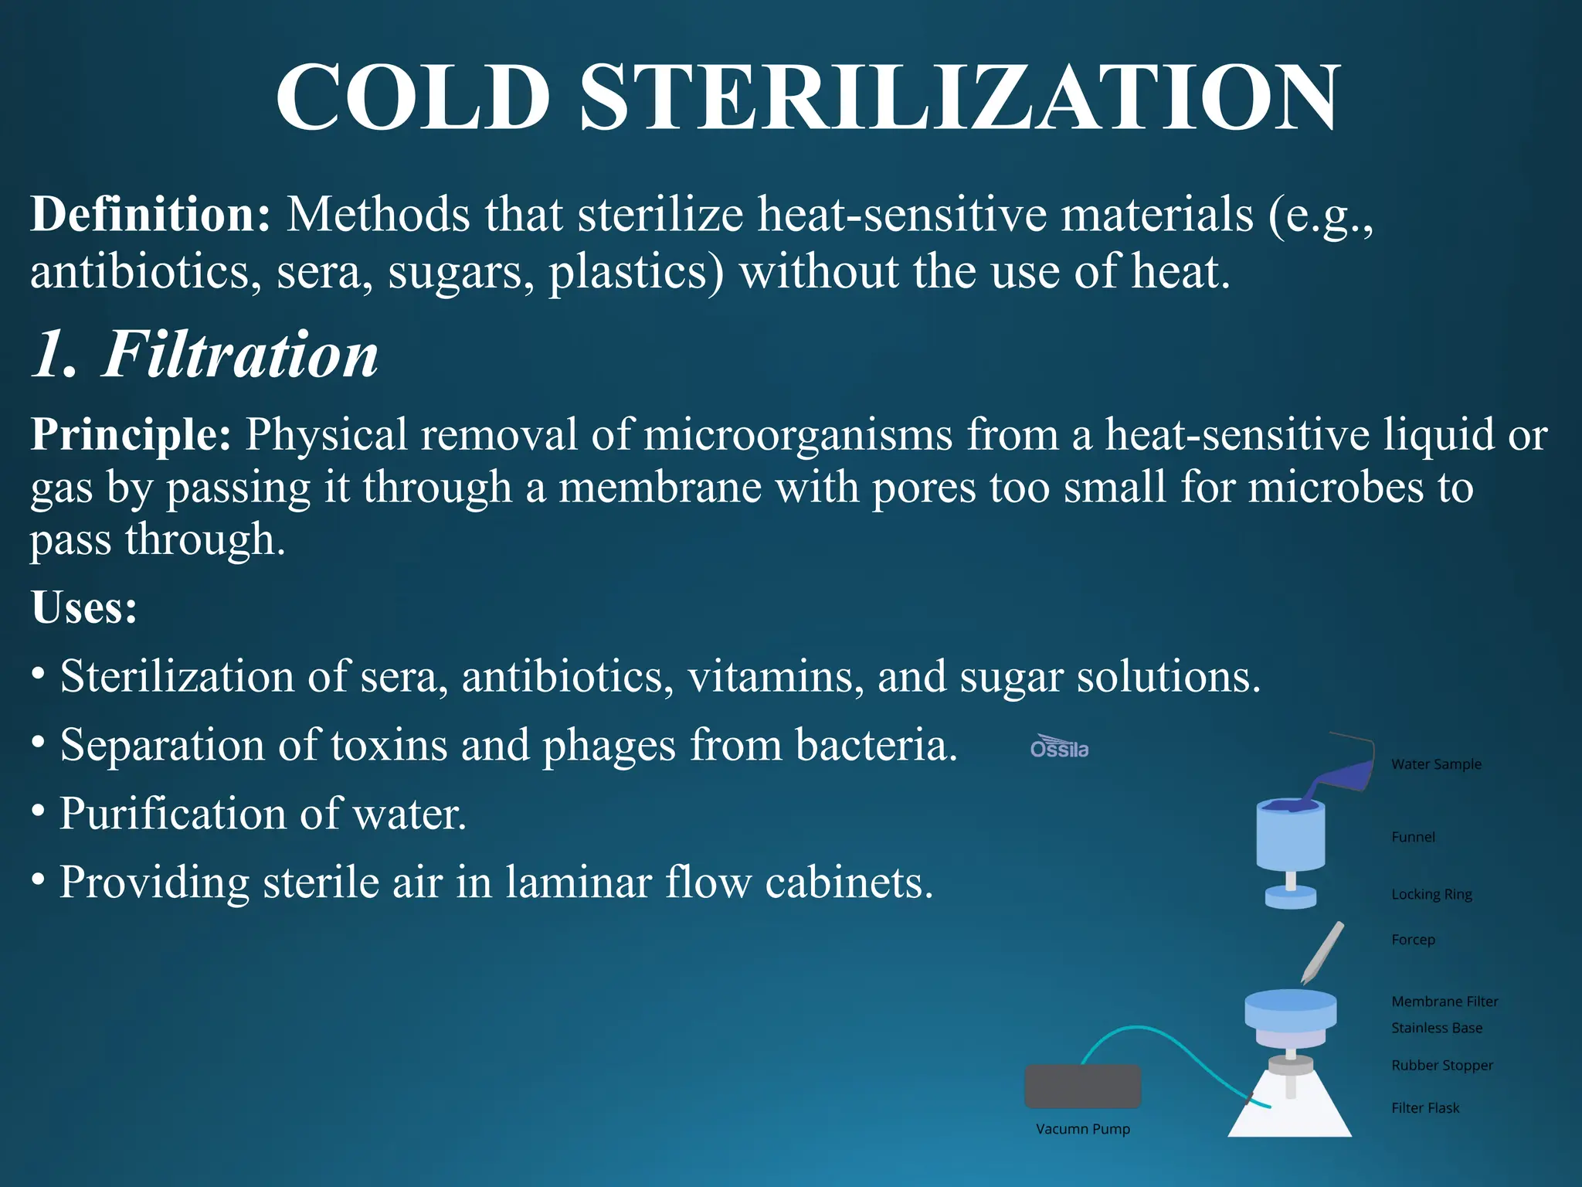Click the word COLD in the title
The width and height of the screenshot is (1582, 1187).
412,98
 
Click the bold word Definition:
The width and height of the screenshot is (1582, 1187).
150,214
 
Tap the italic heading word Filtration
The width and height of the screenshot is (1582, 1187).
239,355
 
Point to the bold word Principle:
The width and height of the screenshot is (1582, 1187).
131,434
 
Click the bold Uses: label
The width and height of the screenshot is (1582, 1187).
84,608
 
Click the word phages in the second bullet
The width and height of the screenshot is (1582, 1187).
609,746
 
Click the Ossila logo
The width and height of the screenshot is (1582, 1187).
1059,747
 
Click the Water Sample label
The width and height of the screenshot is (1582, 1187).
1436,764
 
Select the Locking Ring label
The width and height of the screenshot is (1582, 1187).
1431,894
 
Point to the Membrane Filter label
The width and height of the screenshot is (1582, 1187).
1445,1002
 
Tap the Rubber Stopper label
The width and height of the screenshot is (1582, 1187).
1441,1066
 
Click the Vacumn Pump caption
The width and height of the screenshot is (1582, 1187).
1082,1129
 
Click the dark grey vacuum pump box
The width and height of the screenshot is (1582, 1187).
1082,1087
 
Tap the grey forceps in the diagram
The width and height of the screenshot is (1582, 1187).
1322,953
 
